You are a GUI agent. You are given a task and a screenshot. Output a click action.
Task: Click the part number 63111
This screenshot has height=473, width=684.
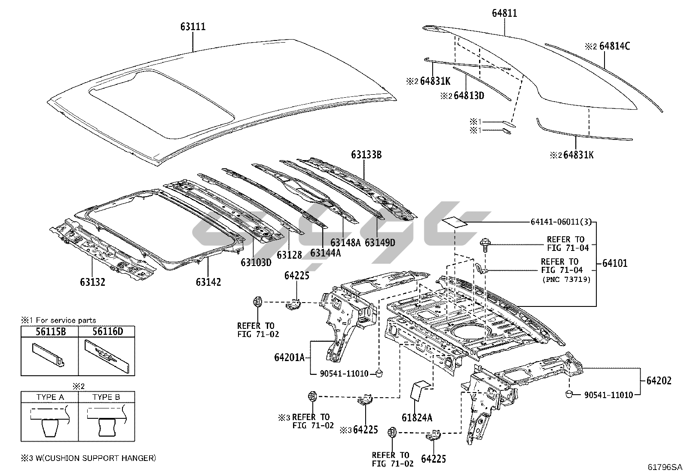[x=192, y=27]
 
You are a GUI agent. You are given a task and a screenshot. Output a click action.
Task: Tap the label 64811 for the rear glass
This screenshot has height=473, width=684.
[x=504, y=13]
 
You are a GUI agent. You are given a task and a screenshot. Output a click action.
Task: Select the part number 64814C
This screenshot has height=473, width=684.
[x=614, y=46]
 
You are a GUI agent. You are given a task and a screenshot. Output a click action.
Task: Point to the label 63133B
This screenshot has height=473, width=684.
[x=366, y=155]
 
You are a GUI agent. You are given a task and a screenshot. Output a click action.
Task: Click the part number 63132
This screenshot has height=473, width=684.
[x=92, y=282]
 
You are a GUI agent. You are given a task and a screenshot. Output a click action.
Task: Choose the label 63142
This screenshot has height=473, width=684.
[x=208, y=282]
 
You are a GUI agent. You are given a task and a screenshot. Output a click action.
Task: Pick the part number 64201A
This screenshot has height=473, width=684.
[x=289, y=357]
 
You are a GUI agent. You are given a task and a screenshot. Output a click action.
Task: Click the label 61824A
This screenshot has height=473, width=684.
[x=417, y=417]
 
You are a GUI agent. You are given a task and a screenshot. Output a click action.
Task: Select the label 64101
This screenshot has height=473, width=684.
[x=614, y=263]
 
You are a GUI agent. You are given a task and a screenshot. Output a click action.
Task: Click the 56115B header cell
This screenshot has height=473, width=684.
[x=49, y=331]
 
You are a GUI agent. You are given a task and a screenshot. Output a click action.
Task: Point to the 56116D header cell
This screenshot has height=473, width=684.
[x=106, y=331]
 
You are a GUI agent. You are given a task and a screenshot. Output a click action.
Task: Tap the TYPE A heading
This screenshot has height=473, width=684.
[x=50, y=397]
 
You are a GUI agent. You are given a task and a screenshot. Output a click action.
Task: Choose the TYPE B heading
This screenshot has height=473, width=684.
[x=106, y=397]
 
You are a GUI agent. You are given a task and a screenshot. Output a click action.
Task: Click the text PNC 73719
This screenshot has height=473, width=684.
[x=566, y=279]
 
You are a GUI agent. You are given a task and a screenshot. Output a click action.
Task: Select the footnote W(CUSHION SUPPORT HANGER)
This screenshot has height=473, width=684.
[x=95, y=458]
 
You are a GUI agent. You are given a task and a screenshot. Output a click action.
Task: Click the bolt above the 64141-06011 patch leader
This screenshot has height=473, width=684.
[x=484, y=244]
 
